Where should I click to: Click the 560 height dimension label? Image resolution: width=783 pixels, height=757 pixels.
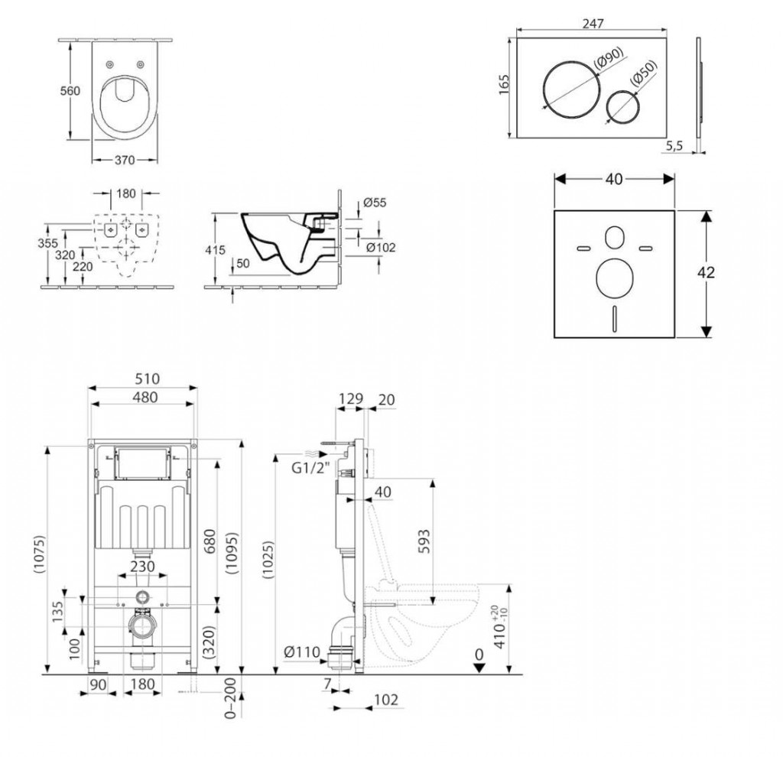click(70, 91)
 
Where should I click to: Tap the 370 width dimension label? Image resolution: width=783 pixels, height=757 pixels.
click(125, 160)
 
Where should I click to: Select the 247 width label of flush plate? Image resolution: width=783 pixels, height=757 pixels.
click(593, 24)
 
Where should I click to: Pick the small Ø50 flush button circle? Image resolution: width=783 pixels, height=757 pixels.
click(623, 107)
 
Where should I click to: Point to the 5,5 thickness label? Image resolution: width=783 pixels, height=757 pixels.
click(674, 146)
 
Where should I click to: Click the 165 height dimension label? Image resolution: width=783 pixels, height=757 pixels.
click(505, 84)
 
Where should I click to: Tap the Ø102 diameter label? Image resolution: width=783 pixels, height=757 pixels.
click(381, 247)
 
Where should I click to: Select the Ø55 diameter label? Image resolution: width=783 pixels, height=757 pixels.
click(375, 202)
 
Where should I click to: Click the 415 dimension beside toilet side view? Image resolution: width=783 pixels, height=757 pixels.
click(215, 249)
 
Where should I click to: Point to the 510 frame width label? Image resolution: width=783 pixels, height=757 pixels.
click(148, 378)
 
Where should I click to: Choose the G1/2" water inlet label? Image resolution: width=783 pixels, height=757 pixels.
click(311, 468)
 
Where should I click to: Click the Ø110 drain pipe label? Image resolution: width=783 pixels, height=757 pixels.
click(301, 651)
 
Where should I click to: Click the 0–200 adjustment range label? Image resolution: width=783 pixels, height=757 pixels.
click(230, 697)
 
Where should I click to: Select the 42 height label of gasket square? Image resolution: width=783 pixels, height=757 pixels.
click(706, 272)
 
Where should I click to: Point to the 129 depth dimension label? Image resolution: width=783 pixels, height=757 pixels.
click(350, 398)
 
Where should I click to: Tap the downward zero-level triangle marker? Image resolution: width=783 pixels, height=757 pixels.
click(479, 668)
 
